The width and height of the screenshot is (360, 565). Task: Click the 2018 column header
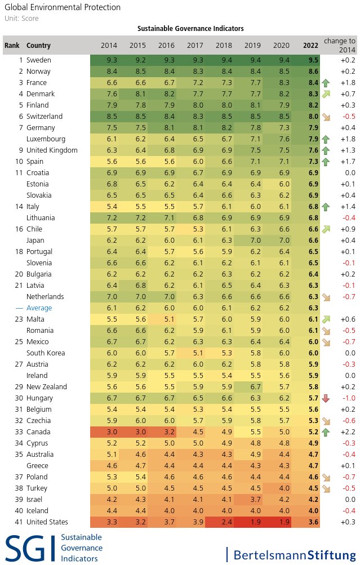click(224, 46)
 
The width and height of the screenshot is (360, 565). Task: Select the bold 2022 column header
click(310, 46)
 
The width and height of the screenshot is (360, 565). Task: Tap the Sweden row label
click(38, 60)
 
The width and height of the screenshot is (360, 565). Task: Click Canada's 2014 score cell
click(112, 431)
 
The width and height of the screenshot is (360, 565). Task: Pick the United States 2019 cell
click(256, 522)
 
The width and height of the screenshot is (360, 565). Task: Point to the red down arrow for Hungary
click(326, 398)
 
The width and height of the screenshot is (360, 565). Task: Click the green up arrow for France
click(326, 83)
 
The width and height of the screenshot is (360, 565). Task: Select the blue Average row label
click(39, 308)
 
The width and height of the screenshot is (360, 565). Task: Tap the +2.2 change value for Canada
click(348, 431)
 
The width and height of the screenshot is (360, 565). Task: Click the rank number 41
click(19, 522)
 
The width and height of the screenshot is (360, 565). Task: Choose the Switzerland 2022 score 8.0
click(313, 117)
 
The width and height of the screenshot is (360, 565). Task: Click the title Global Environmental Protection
click(63, 7)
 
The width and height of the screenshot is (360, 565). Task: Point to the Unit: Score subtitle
click(21, 19)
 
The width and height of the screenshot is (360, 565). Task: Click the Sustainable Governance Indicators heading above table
click(190, 29)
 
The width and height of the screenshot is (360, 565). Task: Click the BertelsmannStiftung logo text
click(295, 554)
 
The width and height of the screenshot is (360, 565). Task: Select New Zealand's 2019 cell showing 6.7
click(256, 386)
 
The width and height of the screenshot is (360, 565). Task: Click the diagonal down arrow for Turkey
click(326, 488)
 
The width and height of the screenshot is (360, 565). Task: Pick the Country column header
click(38, 46)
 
